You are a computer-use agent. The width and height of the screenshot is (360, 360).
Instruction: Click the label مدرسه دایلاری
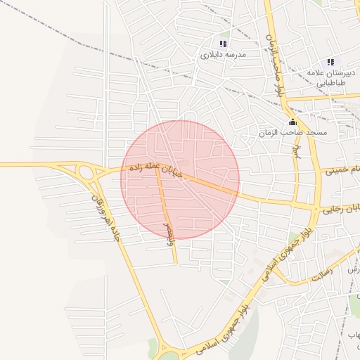coord(224,54)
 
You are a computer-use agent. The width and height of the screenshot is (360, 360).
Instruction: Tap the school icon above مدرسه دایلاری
coord(224,44)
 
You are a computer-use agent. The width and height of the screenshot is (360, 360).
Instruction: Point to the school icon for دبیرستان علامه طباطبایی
coord(330,62)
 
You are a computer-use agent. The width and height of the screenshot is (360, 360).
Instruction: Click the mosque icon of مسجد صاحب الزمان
coord(293,124)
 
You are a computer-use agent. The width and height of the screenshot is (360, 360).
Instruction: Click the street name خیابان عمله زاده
coord(156,169)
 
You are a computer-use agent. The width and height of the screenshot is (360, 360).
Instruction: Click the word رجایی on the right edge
coord(342,210)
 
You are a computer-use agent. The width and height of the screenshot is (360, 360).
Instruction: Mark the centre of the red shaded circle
coord(180,180)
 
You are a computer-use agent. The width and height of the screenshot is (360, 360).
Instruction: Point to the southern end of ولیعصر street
coord(176,263)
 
